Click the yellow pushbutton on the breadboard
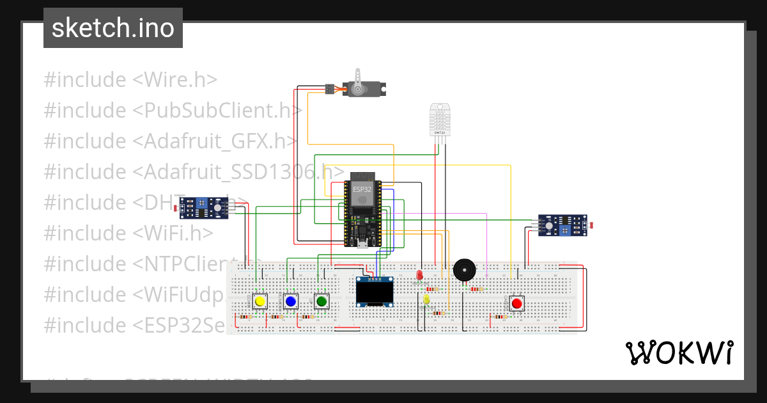(260, 301)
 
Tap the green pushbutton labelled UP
(322, 301)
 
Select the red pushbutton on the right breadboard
(516, 303)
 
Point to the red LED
(420, 275)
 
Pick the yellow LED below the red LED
(426, 299)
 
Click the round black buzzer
(464, 270)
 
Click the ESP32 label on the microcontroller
(362, 189)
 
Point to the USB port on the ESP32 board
(362, 243)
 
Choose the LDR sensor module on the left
(203, 207)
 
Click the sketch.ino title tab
(113, 28)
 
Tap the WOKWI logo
(679, 352)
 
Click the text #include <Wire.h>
(130, 80)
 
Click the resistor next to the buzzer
(476, 288)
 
